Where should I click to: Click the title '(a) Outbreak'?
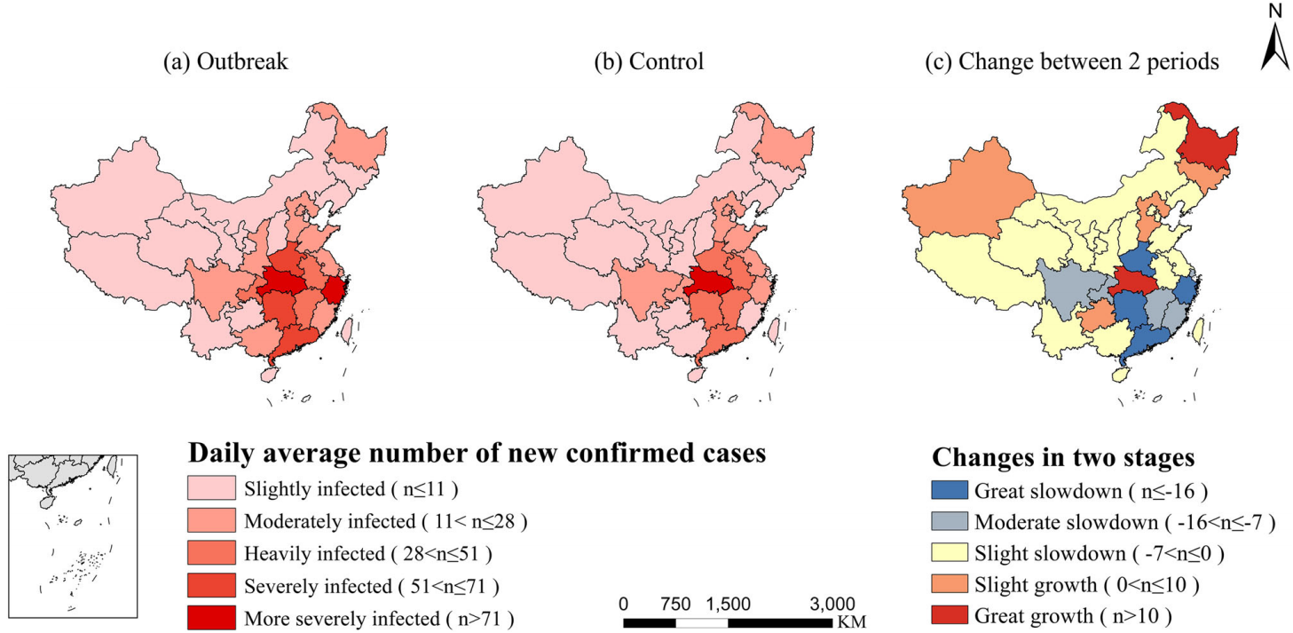click(x=225, y=62)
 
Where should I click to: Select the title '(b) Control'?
click(x=650, y=62)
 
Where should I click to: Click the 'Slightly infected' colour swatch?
click(x=211, y=488)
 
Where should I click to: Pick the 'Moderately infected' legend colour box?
click(x=211, y=520)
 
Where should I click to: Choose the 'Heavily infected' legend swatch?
click(x=211, y=553)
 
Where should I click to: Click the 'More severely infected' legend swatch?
click(x=211, y=618)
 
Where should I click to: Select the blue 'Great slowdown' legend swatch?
click(x=948, y=491)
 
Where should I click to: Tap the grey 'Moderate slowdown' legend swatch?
click(x=948, y=523)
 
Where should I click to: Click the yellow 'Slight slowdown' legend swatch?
click(x=948, y=555)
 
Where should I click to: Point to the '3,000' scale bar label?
click(x=833, y=604)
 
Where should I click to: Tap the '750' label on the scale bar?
click(x=675, y=604)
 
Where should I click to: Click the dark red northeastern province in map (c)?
click(x=1208, y=146)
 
